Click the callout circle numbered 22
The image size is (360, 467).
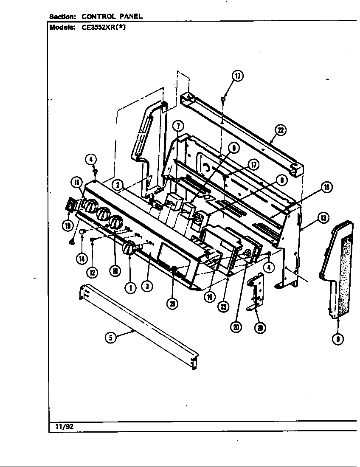[x=280, y=130]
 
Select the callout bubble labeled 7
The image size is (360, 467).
[x=178, y=126]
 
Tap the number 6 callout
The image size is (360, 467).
[x=233, y=148]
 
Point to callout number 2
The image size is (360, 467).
[x=118, y=185]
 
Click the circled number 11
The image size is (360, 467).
[x=76, y=183]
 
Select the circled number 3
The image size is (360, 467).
[x=146, y=287]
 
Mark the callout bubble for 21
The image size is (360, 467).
[x=172, y=303]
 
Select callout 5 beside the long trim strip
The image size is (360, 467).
[x=111, y=338]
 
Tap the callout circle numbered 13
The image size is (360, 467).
[x=323, y=218]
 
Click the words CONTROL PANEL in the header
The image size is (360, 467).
[x=112, y=17]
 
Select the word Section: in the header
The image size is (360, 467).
[x=62, y=17]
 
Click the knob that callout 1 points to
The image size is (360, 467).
[x=129, y=249]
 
